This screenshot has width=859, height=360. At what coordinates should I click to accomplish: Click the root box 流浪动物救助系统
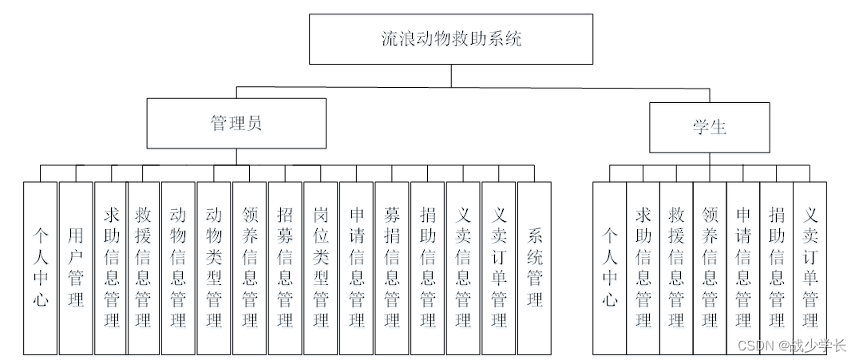click(x=451, y=39)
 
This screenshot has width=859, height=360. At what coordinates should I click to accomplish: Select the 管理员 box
click(x=236, y=123)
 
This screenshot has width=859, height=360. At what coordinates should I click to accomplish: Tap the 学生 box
click(x=710, y=128)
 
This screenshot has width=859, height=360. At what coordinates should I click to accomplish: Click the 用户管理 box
click(x=76, y=268)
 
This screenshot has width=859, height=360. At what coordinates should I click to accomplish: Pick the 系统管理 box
click(x=534, y=268)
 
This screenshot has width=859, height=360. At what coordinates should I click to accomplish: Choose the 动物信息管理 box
click(x=178, y=268)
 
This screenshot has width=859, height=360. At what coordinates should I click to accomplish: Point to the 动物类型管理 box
click(x=214, y=268)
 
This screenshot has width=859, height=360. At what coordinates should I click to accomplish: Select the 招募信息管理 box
click(x=285, y=268)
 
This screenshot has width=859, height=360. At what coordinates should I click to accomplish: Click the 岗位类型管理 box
click(x=320, y=268)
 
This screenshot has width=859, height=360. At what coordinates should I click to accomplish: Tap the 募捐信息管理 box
click(x=392, y=268)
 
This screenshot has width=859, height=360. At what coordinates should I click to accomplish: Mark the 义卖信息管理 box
click(x=463, y=268)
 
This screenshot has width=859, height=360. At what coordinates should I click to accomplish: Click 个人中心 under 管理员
click(x=41, y=268)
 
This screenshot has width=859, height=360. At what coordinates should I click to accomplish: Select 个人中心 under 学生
click(x=610, y=268)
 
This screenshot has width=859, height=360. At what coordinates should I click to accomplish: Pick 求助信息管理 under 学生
click(x=643, y=268)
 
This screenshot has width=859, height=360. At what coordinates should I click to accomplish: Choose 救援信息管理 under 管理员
click(x=144, y=268)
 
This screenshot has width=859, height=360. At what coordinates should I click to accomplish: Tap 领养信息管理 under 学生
click(x=710, y=268)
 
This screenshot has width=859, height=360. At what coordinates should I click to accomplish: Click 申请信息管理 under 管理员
click(x=356, y=268)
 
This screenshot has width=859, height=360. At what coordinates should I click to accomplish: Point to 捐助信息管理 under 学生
click(x=776, y=268)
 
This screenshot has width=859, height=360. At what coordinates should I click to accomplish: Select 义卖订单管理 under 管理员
click(x=498, y=268)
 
